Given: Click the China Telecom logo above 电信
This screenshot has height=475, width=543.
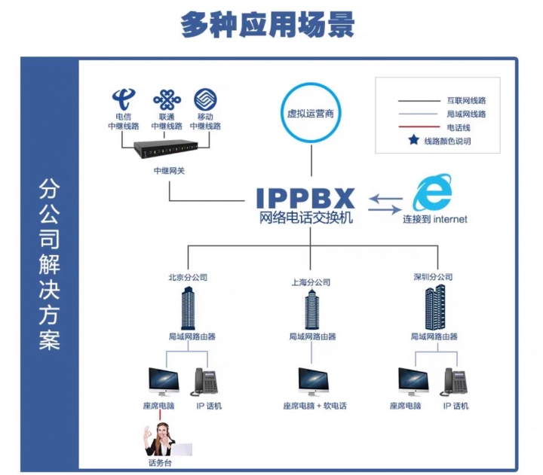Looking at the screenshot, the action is coord(124,99).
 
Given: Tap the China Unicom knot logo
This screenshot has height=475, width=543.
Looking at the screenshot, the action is coord(167,100).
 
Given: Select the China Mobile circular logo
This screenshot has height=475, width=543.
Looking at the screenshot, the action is coord(205,99).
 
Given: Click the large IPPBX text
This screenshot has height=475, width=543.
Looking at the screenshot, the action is coord(305,199).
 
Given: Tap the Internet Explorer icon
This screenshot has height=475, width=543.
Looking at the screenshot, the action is coord(433,192).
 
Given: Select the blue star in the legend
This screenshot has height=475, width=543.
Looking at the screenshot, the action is coord(413,140).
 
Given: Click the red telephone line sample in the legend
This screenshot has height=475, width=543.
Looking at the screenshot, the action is coord(419,127).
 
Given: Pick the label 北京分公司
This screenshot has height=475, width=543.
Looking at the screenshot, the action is coord(188,277).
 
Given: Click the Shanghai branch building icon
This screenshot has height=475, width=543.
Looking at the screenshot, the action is coord(312,309).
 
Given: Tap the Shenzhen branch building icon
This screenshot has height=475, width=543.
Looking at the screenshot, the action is coord(435,307).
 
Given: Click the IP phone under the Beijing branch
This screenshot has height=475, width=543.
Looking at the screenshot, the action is coord(204,382).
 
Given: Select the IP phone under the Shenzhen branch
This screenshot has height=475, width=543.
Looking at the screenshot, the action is coord(454,382).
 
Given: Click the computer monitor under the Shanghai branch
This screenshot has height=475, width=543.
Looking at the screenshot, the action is coord(314,382).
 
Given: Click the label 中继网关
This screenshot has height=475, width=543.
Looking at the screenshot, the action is coord(170,170).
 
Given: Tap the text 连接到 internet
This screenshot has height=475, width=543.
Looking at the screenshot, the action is coord(435,219).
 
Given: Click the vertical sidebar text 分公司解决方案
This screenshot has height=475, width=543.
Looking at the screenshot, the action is coord(49,264).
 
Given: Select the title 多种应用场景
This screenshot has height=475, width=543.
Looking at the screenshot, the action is coord(267,25).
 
